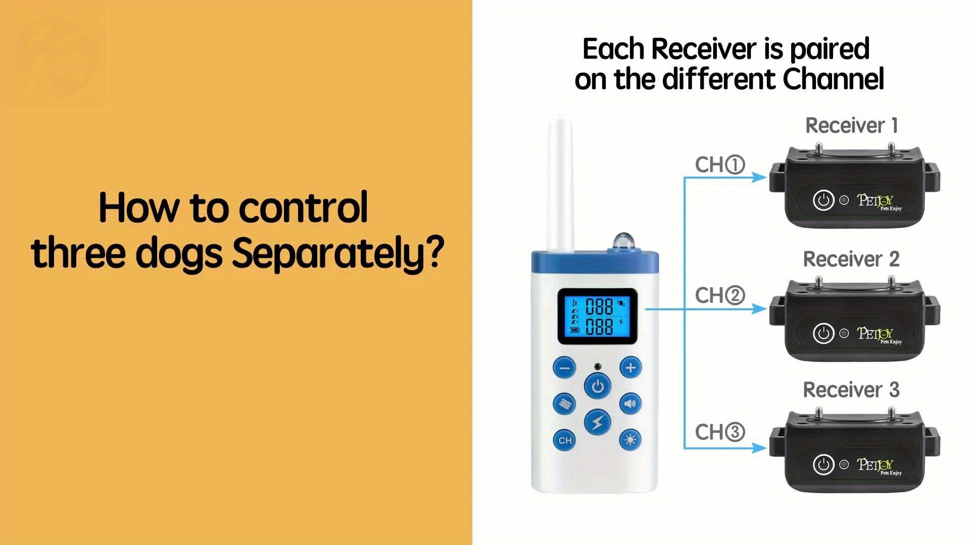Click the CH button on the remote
[565, 440]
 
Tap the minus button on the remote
[565, 368]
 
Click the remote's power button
[598, 387]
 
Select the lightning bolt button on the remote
[598, 422]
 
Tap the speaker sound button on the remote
[630, 404]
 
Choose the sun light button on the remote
[630, 440]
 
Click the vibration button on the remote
[565, 404]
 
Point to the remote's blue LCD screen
[598, 317]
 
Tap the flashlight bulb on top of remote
[621, 241]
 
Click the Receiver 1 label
[852, 126]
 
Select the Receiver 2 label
[851, 259]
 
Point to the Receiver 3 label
[851, 390]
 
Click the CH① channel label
[720, 165]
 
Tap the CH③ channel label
[720, 432]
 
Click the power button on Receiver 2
[823, 334]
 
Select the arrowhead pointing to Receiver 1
[759, 177]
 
